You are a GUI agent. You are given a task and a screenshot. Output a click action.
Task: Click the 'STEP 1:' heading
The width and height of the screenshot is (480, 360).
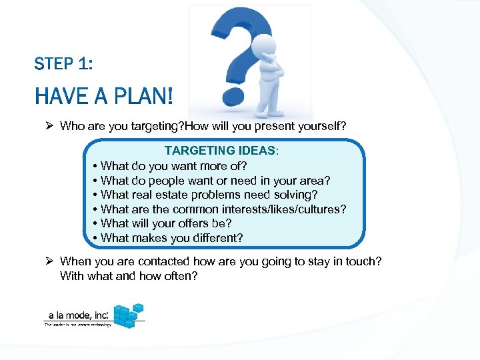point(63,64)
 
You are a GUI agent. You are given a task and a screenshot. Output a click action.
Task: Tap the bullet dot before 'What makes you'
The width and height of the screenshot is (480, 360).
point(96,238)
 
